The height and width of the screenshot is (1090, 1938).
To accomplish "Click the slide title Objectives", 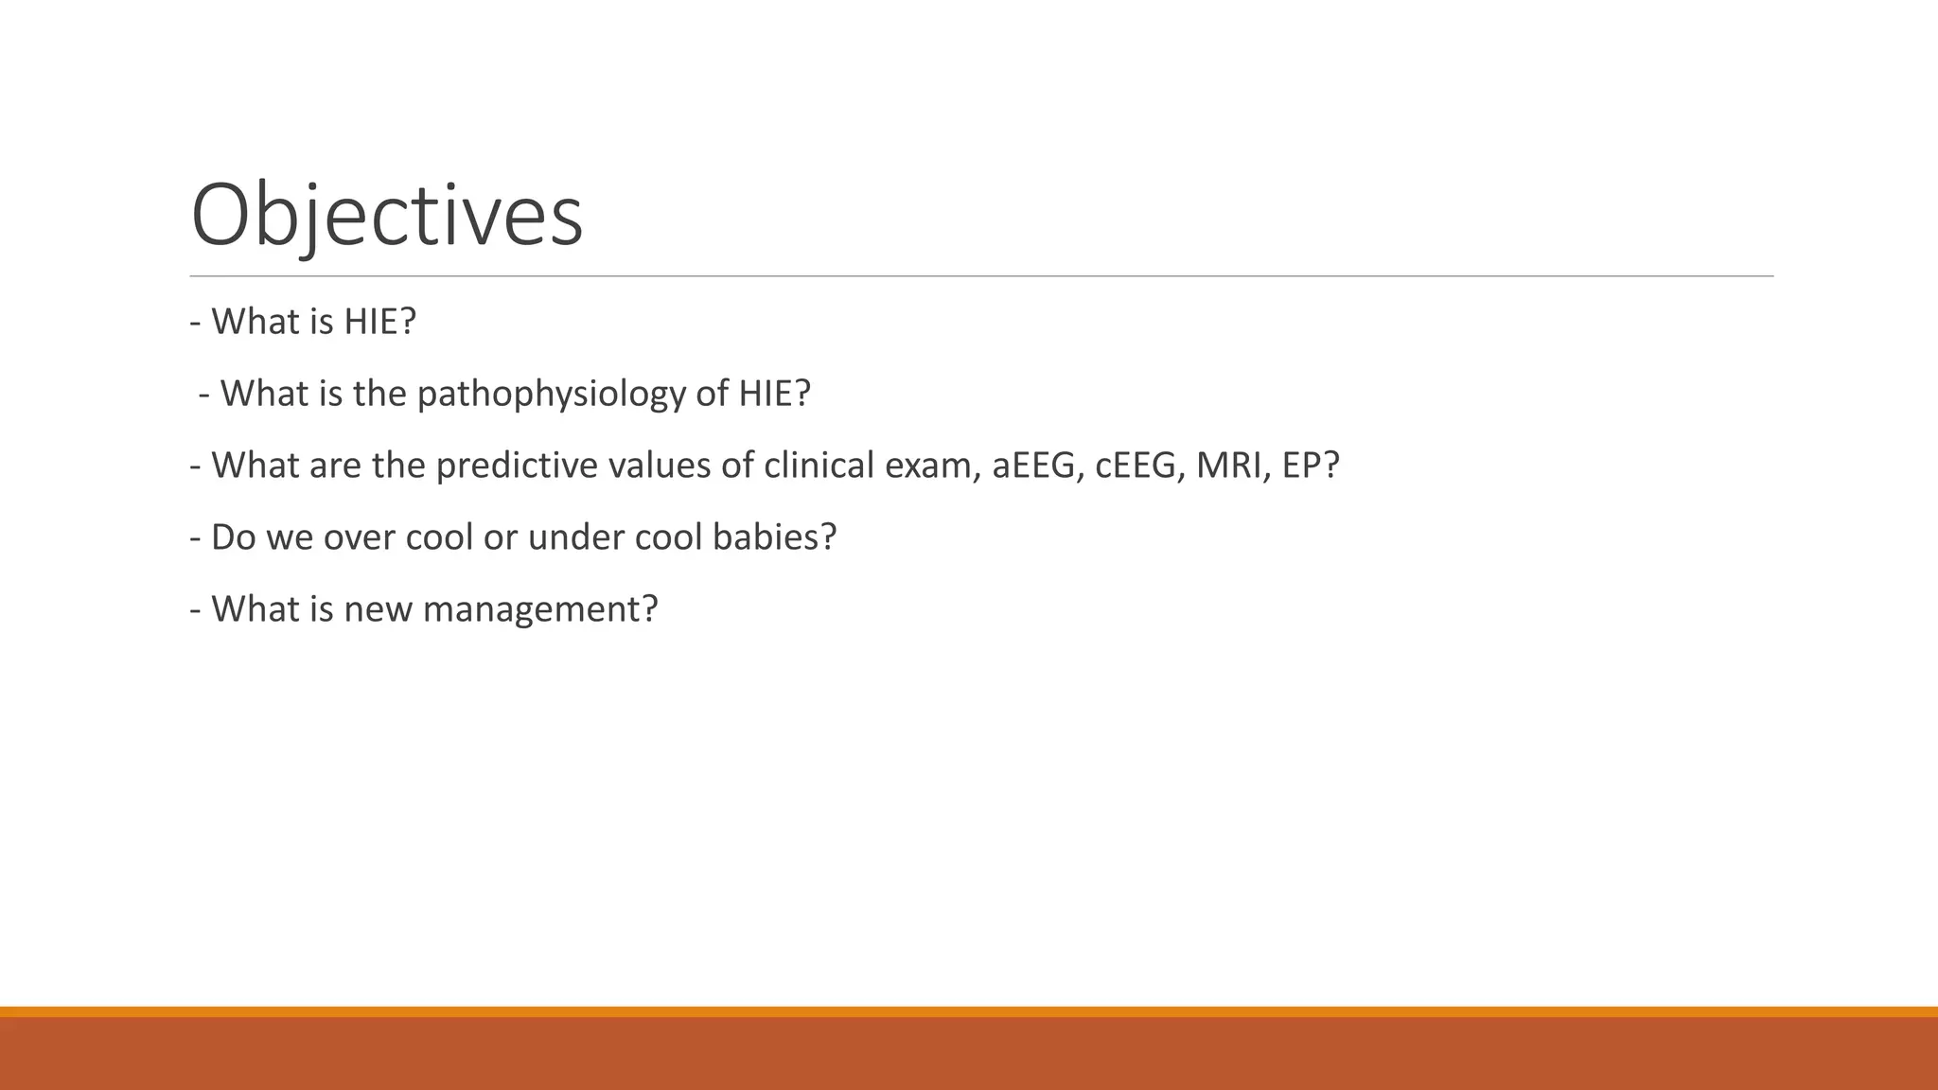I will [x=386, y=216].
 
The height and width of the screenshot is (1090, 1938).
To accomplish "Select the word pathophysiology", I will [x=550, y=394].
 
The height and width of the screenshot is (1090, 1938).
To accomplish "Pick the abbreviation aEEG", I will [x=1036, y=466].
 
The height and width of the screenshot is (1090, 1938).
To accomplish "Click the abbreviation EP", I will [x=1304, y=466].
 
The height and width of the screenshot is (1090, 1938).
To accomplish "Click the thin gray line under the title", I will [x=981, y=276].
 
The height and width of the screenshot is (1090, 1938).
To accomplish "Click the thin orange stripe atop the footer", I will [x=969, y=1011].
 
